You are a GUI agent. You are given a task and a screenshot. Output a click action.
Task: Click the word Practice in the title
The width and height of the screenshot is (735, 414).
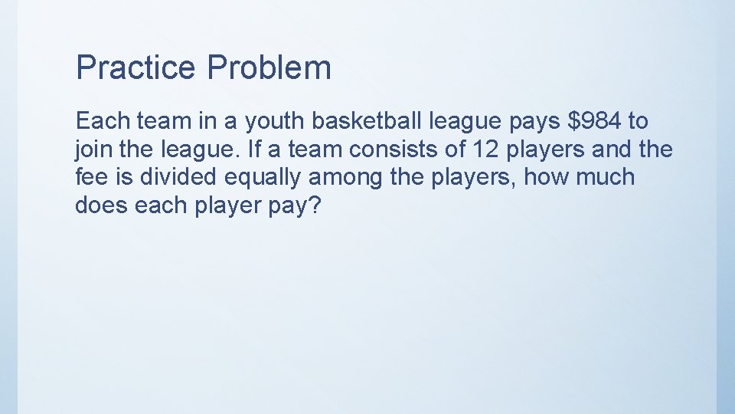[x=136, y=67]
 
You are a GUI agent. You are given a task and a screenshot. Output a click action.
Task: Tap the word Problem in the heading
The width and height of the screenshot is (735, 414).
[x=269, y=67]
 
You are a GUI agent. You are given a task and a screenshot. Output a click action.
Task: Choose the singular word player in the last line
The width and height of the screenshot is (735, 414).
[x=227, y=206]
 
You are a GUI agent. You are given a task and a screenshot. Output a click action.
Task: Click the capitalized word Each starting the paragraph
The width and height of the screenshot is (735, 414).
[x=102, y=120]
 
